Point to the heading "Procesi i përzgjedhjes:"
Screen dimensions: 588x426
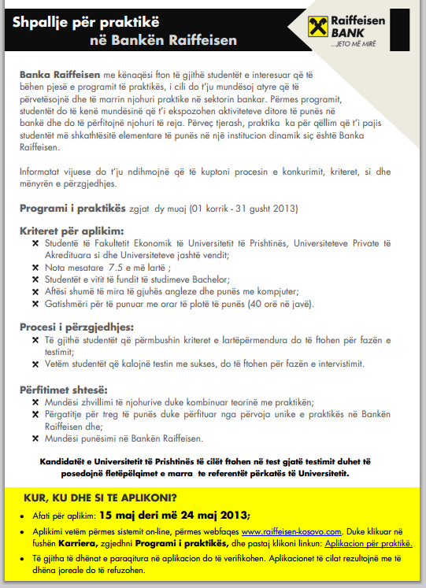[x=76, y=326]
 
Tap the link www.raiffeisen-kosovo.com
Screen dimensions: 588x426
[x=294, y=531]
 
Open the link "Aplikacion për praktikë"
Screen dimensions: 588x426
[x=369, y=543]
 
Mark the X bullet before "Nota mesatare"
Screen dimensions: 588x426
[x=35, y=267]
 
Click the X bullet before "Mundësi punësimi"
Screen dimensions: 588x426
[x=35, y=438]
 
